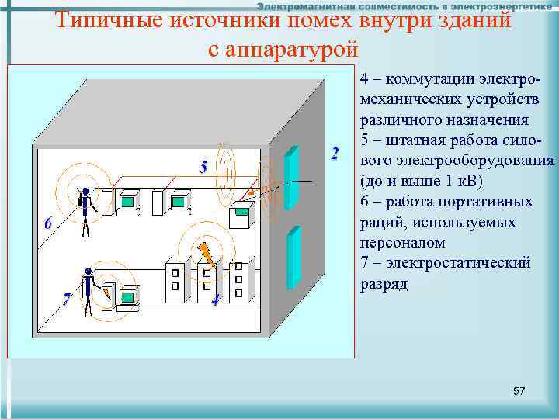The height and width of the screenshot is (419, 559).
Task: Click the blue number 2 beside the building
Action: point(335,153)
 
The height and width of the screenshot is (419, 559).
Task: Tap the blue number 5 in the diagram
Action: point(203,167)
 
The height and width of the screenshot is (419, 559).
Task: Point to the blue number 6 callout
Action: point(48,223)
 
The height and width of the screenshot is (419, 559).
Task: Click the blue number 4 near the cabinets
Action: point(215,300)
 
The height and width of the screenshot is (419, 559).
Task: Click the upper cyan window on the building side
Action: point(292,178)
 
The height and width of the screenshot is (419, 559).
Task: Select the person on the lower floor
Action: point(89,291)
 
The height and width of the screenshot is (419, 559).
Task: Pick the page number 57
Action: point(519,392)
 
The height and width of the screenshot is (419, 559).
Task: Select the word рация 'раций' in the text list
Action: point(380,222)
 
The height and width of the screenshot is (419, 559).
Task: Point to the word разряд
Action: point(384,283)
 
